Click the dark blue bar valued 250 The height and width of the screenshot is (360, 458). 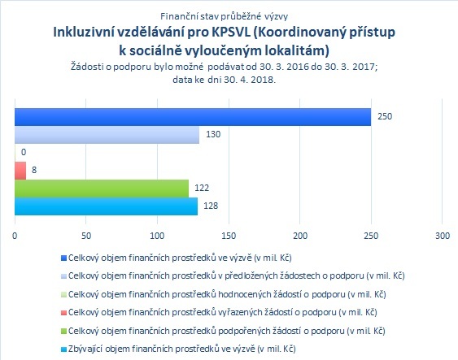point(193,117)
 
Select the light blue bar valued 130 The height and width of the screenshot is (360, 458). point(107,135)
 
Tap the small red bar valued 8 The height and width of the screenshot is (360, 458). point(20,171)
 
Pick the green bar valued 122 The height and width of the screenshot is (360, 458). point(102,189)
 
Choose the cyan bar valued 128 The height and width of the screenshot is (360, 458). point(106,206)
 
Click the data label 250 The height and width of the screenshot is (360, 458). point(385,116)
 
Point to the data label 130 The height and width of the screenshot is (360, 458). point(213,134)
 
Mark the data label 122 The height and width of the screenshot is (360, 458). point(202,188)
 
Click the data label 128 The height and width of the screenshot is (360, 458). point(211,206)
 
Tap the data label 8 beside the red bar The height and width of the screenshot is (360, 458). point(34,170)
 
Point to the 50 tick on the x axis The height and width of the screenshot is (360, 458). point(86,236)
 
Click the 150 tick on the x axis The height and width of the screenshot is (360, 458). point(229,236)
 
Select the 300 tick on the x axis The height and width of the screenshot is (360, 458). point(443,236)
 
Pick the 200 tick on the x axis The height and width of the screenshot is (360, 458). point(300,236)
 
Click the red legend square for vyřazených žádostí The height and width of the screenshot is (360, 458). point(63,313)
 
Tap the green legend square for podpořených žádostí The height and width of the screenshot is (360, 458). point(63,331)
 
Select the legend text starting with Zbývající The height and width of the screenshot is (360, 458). point(182,349)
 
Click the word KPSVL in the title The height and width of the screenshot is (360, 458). point(231,32)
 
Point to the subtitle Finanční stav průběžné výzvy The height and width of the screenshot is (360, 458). point(224,16)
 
